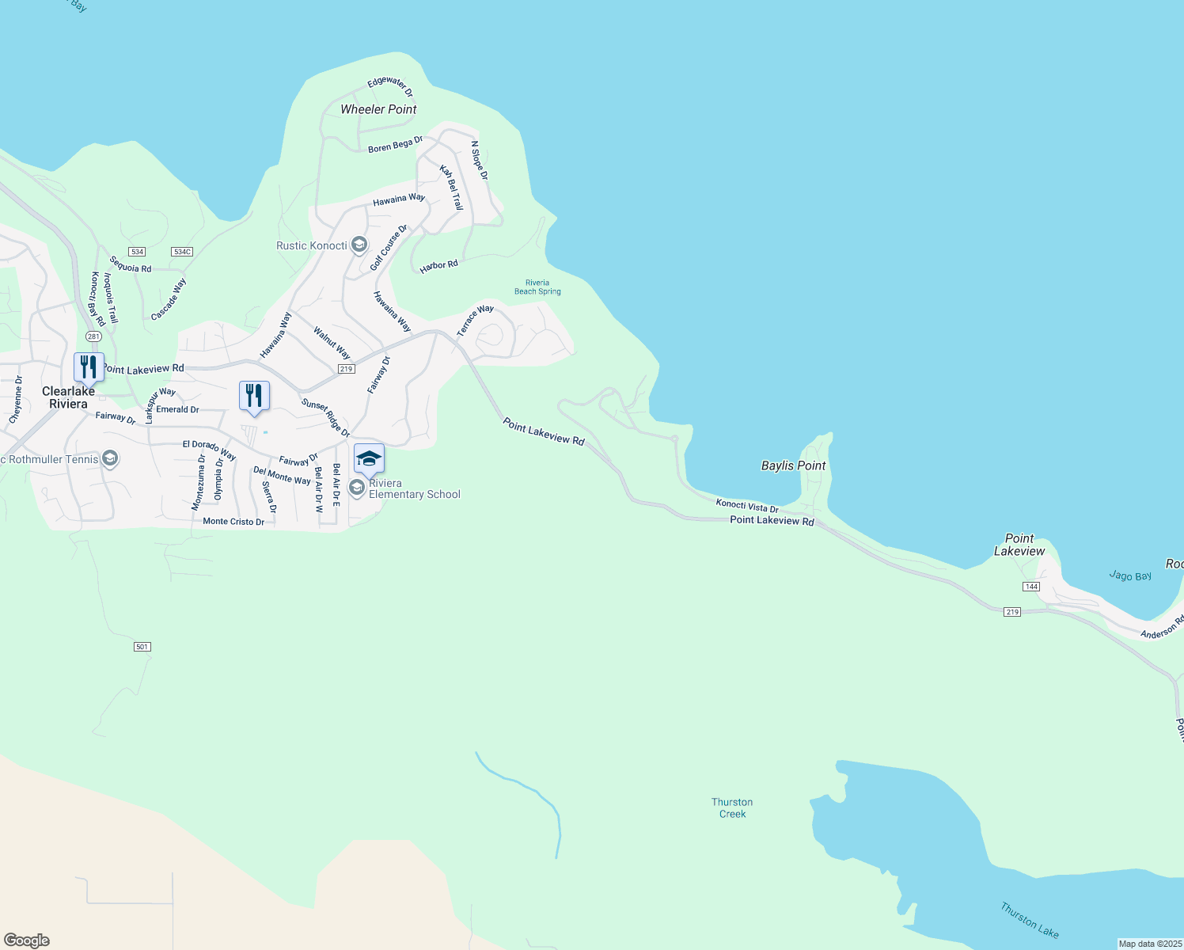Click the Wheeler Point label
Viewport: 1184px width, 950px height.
click(x=378, y=109)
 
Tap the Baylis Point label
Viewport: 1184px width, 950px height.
click(x=793, y=465)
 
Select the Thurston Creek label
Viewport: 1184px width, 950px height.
click(x=732, y=808)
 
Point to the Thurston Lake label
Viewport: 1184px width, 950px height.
click(x=1029, y=920)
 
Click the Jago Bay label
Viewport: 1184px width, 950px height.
click(x=1130, y=576)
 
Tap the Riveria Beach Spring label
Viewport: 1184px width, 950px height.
click(x=537, y=287)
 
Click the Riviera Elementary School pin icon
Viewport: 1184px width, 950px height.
click(x=369, y=458)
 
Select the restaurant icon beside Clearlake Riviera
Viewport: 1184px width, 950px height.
click(x=89, y=367)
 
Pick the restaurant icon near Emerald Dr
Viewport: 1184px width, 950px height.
click(x=254, y=396)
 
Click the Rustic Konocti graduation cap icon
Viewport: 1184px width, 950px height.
click(x=359, y=245)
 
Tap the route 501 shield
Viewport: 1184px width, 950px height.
click(x=142, y=647)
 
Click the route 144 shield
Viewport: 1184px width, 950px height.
click(x=1030, y=587)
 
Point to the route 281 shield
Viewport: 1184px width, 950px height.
click(x=93, y=336)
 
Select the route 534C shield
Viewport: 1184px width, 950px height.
click(x=182, y=252)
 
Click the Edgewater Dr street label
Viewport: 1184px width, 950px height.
click(x=390, y=85)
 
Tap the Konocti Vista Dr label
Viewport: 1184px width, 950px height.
click(x=747, y=505)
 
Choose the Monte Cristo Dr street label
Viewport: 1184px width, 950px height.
click(x=233, y=522)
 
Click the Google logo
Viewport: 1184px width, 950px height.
click(x=27, y=940)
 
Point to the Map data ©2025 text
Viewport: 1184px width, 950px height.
click(x=1150, y=944)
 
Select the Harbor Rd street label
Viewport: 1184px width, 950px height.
click(x=438, y=266)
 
